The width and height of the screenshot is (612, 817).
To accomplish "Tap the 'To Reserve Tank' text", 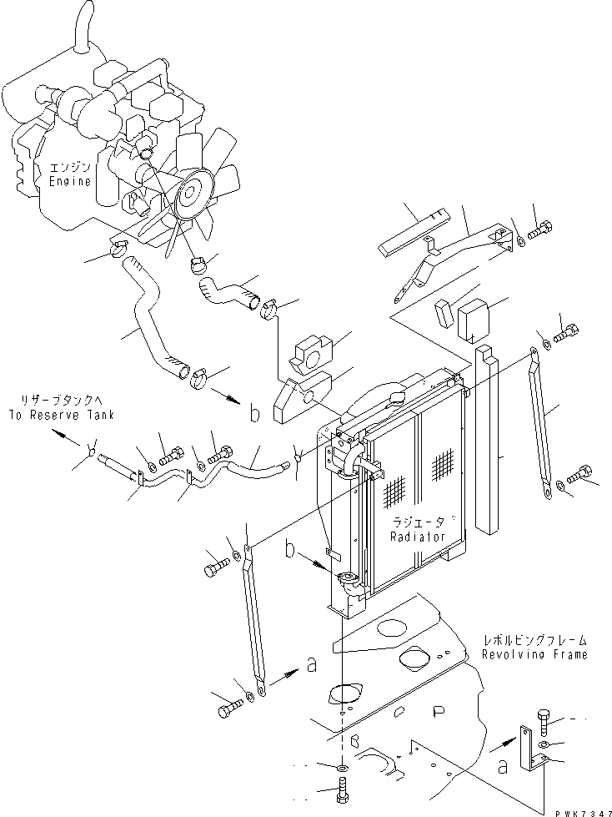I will pos(62,415).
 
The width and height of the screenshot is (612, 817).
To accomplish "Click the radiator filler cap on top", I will pos(394,391).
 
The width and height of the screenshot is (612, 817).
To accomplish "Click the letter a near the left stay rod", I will pos(312,665).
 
